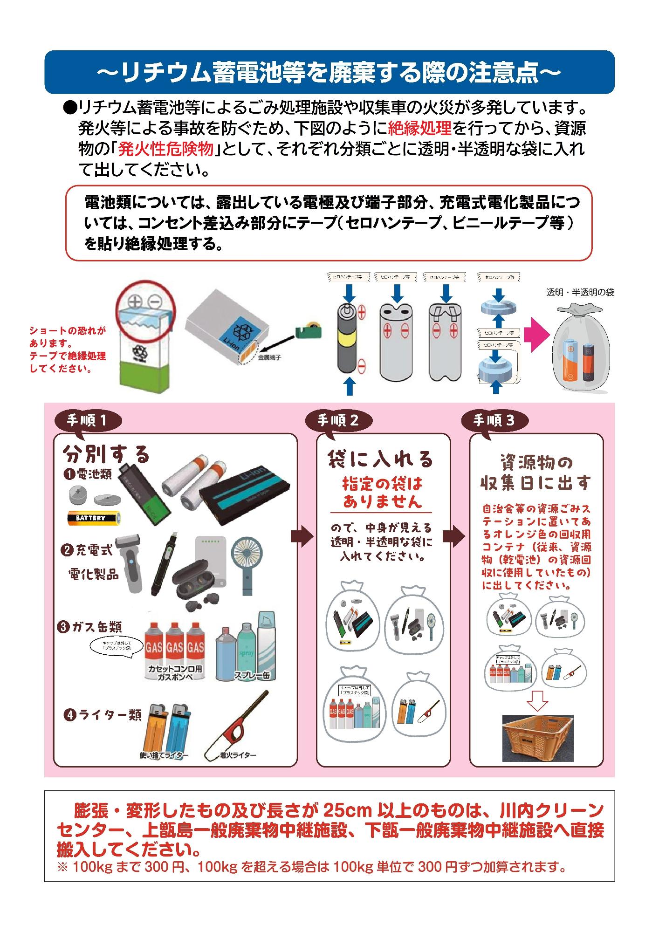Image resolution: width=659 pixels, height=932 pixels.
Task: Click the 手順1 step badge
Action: [88, 420]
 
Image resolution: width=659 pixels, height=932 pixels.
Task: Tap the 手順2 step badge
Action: [338, 420]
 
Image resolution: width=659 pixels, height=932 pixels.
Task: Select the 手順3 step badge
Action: [494, 420]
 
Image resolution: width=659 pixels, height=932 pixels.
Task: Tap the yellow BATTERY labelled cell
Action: [94, 518]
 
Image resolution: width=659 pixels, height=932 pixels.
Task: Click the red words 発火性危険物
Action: [166, 149]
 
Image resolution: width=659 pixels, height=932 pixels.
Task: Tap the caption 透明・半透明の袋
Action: [580, 293]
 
